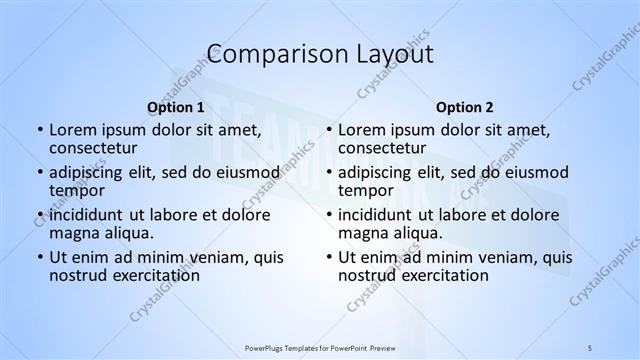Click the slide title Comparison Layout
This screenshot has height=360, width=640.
(319, 53)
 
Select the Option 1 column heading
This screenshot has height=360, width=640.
(176, 107)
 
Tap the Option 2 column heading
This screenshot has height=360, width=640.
(464, 107)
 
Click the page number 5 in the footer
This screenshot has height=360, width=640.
(590, 346)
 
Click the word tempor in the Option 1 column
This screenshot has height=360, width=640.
(76, 190)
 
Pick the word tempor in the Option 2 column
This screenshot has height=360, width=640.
(365, 190)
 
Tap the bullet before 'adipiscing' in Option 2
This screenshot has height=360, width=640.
(328, 172)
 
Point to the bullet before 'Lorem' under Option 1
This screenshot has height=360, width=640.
(39, 130)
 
